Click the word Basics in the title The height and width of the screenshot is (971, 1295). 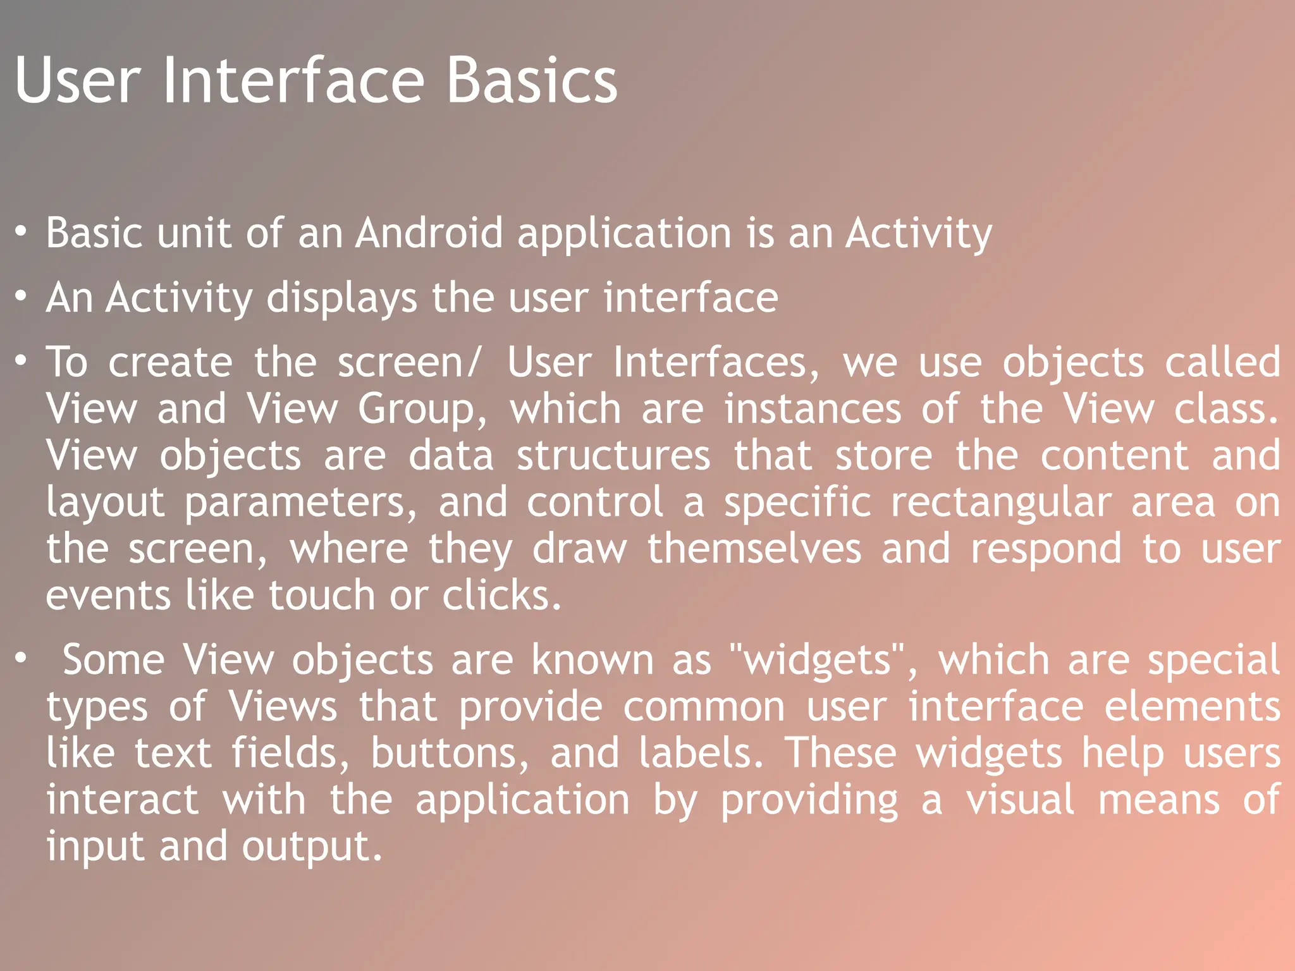coord(531,81)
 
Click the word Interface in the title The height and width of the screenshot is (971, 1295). coord(293,81)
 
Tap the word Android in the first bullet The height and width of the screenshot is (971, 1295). coord(429,233)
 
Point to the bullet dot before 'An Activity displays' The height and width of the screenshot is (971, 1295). coord(21,296)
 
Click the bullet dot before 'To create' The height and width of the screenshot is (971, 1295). coord(21,360)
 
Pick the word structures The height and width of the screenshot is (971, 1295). coord(613,455)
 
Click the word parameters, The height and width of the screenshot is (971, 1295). coord(301,503)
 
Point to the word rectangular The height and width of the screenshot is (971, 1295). coord(1000,503)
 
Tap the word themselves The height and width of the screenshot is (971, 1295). coord(754,549)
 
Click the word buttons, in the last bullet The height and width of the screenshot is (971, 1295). coord(450,754)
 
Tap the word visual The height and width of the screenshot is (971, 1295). coord(1019,800)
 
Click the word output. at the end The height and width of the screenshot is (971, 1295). coord(312,847)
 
